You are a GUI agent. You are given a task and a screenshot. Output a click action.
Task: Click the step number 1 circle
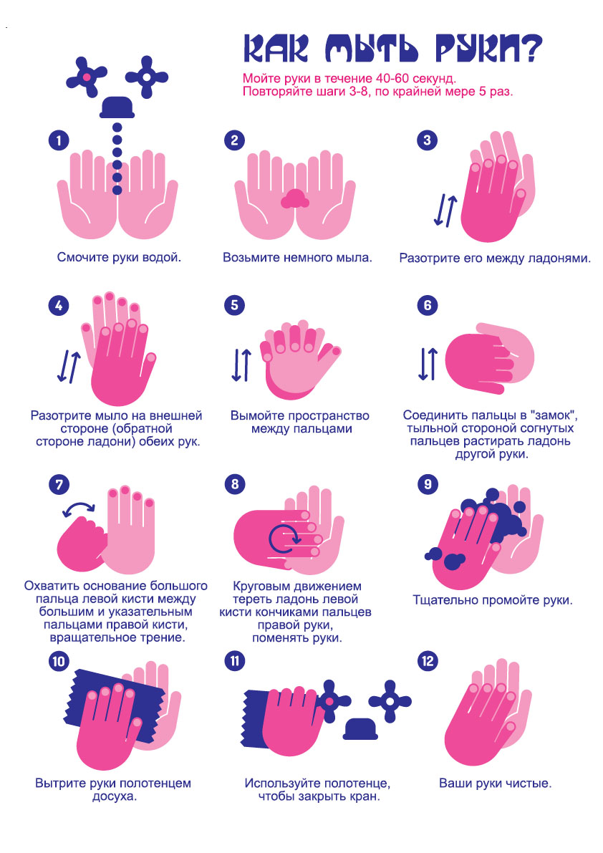[59, 141]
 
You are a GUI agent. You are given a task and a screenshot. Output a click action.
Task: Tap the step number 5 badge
[234, 304]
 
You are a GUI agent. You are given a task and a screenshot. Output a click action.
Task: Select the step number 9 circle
[428, 484]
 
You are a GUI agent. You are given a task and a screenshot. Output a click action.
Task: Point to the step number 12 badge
[428, 661]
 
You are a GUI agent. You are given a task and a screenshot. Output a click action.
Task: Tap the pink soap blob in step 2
[295, 199]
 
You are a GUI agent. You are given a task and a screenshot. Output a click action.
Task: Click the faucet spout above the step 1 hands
[117, 107]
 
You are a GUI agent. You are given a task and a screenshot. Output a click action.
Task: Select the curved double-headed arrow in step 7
[79, 508]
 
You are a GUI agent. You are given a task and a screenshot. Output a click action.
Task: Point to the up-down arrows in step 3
[445, 211]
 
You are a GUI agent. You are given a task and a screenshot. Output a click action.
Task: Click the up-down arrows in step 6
[428, 364]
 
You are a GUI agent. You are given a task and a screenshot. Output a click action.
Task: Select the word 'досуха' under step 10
[114, 796]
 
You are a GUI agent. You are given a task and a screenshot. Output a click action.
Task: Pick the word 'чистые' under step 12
[528, 784]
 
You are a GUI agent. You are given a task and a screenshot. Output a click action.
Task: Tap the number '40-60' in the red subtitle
[394, 78]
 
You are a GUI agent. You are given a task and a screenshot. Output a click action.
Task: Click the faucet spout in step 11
[360, 729]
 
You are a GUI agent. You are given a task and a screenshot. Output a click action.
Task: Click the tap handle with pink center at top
[87, 77]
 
